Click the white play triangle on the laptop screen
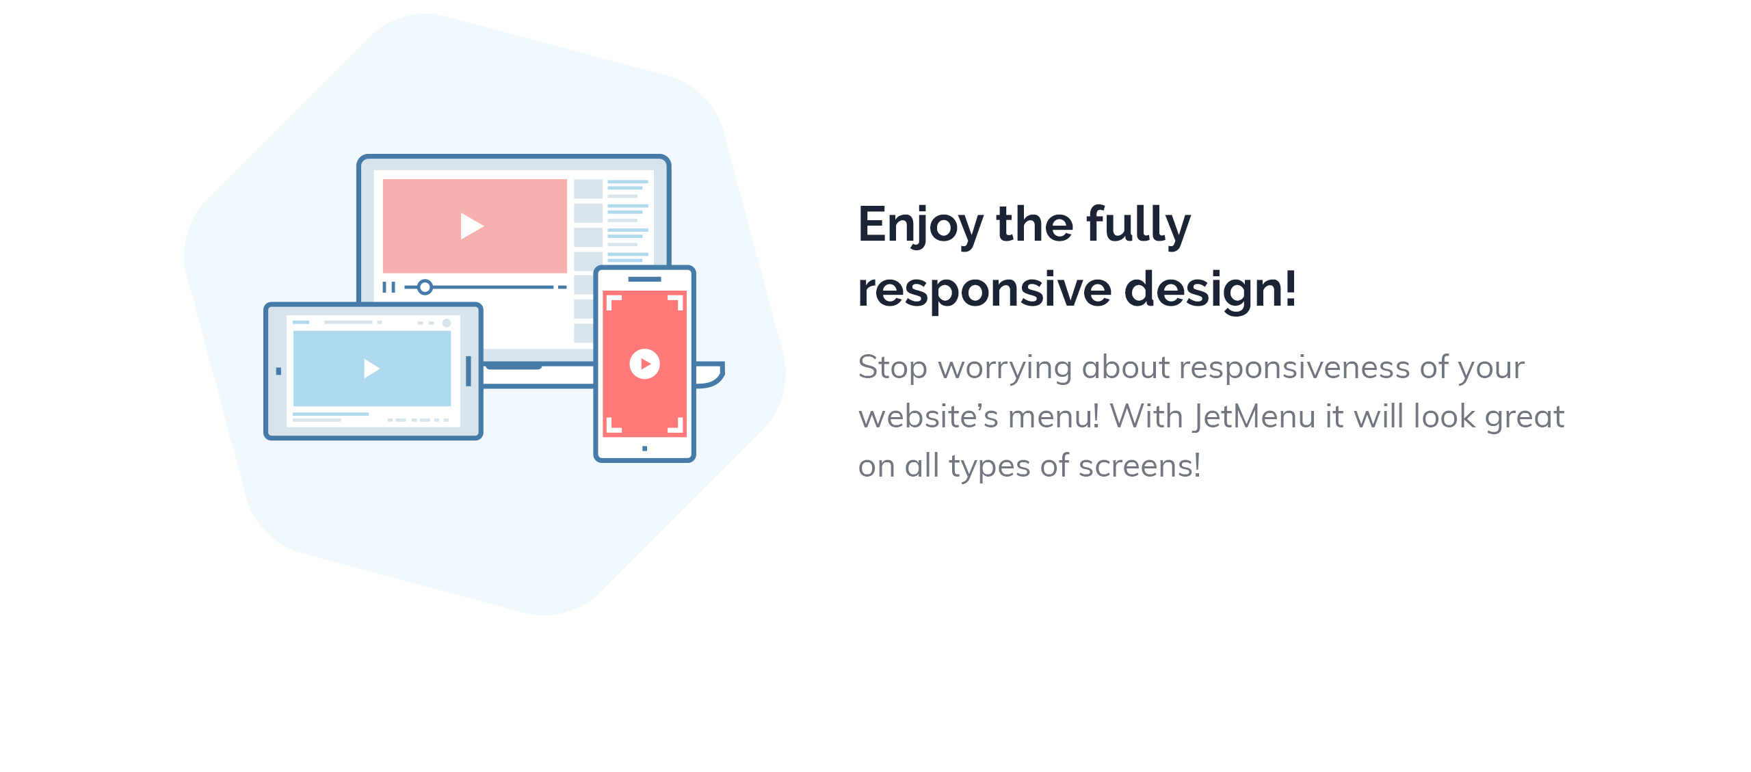coord(471,226)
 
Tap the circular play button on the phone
coord(644,364)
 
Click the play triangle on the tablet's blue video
coord(371,369)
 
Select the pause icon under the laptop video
coord(389,287)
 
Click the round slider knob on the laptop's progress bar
coord(425,287)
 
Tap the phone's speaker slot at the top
coord(644,279)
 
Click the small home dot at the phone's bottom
coord(644,449)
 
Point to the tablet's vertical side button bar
coord(469,371)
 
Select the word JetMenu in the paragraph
coord(1254,417)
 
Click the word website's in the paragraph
coord(928,417)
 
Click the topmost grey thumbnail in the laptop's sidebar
coord(588,188)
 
